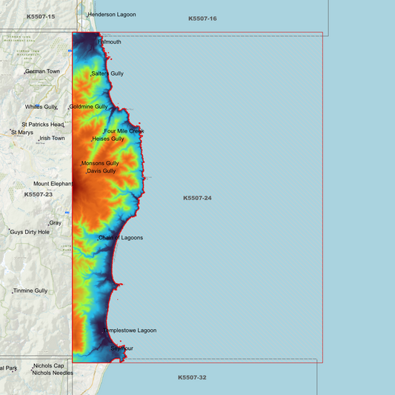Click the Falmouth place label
click(110, 42)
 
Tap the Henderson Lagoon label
click(112, 15)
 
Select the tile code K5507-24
click(197, 198)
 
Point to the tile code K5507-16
click(202, 18)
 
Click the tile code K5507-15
click(41, 16)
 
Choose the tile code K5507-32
click(192, 377)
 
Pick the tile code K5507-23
click(39, 194)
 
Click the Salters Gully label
click(107, 74)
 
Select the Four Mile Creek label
click(125, 131)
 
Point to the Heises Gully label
click(108, 139)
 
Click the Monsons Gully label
click(100, 163)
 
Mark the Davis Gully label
click(102, 171)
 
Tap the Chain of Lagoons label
click(121, 238)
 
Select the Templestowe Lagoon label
click(130, 331)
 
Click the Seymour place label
click(122, 348)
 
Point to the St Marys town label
click(22, 133)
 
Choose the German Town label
click(43, 72)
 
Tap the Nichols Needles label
click(53, 373)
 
